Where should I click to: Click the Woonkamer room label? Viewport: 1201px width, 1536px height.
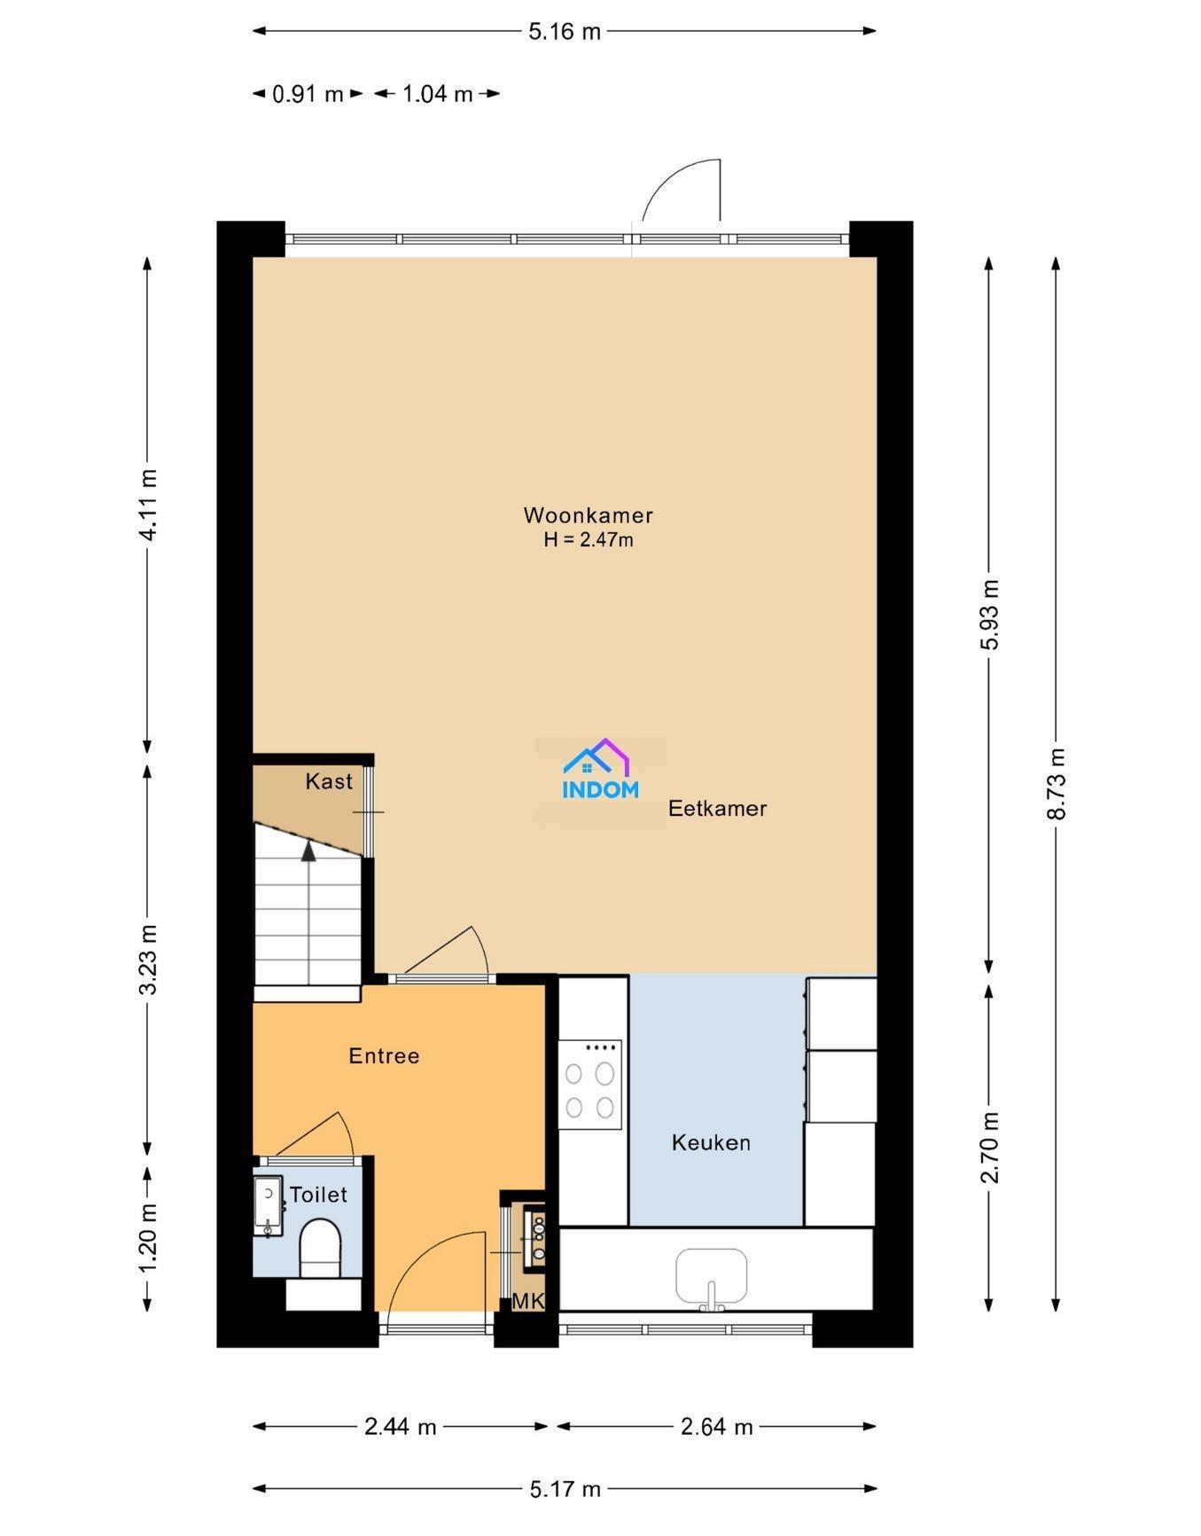point(588,515)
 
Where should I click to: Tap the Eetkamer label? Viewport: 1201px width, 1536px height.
point(717,808)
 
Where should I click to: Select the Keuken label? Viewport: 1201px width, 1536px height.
point(711,1142)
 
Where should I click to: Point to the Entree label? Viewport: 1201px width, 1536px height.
point(384,1055)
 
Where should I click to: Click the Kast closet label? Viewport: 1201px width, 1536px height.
point(329,781)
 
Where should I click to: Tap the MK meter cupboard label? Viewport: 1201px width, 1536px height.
point(528,1301)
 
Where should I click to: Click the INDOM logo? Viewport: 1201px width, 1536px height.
point(600,769)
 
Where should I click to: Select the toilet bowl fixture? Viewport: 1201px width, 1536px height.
point(320,1248)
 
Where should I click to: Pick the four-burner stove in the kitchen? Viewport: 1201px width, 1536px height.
point(589,1084)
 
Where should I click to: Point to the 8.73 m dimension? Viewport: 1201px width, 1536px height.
point(1056,784)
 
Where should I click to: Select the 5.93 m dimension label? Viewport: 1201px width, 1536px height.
point(989,615)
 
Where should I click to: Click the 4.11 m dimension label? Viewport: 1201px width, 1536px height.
point(148,505)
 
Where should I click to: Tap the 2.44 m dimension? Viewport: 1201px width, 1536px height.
point(401,1426)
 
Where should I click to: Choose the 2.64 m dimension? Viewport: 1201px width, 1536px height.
point(717,1426)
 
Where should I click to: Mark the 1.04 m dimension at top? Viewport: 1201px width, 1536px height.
point(438,93)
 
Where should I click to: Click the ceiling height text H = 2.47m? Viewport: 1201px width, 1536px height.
point(589,539)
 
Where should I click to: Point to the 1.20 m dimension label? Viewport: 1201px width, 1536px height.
point(148,1237)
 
